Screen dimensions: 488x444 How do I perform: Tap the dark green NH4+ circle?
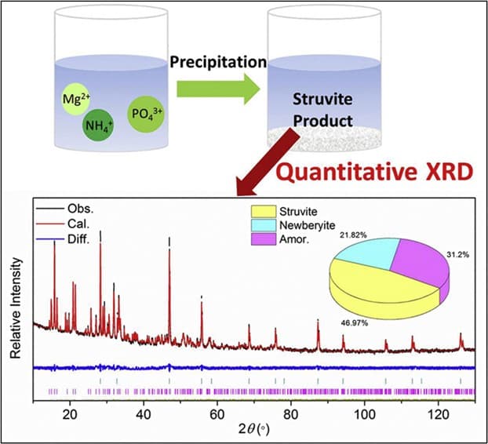click(x=99, y=125)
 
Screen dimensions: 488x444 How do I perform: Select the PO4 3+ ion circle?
click(x=146, y=115)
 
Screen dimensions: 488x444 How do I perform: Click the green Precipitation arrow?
click(x=218, y=89)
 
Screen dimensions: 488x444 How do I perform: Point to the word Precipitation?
click(x=218, y=62)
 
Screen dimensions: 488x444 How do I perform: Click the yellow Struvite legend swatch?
click(x=264, y=212)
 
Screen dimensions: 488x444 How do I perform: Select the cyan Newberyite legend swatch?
click(x=264, y=225)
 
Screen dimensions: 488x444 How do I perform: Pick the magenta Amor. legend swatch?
click(x=264, y=239)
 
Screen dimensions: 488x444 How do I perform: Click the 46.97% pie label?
click(x=355, y=323)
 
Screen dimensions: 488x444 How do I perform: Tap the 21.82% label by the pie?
click(x=353, y=235)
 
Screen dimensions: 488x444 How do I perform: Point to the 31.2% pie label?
click(x=458, y=255)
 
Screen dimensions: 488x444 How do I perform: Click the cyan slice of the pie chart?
click(x=367, y=253)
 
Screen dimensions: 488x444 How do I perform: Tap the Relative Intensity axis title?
click(x=16, y=308)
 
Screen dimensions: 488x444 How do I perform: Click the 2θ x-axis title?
click(x=253, y=430)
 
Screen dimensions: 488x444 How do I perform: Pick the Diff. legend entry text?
click(x=78, y=239)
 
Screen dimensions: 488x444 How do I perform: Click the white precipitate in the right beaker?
click(x=324, y=139)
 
